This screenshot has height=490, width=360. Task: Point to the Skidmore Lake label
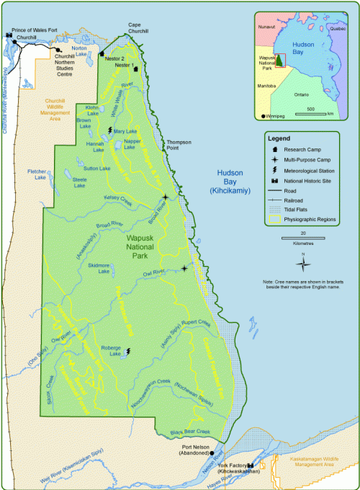pos(98,269)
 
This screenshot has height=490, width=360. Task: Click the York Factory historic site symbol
pos(251,466)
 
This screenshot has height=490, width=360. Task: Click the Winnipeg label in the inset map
pos(274,115)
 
